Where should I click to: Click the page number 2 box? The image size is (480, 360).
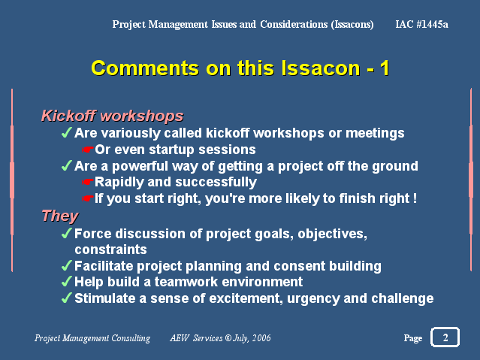coord(445,337)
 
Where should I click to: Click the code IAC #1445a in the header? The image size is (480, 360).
coord(421,24)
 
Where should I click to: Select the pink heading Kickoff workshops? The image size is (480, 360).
coord(113,116)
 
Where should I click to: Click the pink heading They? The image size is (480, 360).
coord(60,216)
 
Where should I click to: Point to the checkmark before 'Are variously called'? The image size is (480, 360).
coord(66,133)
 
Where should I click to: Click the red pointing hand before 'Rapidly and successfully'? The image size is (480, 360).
coord(87,183)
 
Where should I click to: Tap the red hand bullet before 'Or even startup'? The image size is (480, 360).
coord(87,150)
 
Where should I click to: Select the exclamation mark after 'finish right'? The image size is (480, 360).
coord(415,198)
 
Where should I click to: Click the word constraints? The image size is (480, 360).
coord(111,250)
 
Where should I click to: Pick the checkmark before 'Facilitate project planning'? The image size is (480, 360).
coord(66,265)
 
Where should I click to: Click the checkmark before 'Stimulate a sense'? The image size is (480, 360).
coord(66,298)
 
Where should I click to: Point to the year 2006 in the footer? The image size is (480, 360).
coord(261,338)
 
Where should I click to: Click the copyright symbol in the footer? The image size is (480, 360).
coord(228,338)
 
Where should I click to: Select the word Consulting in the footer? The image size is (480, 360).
coord(131,338)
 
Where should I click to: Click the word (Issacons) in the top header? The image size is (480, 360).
coord(352,25)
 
